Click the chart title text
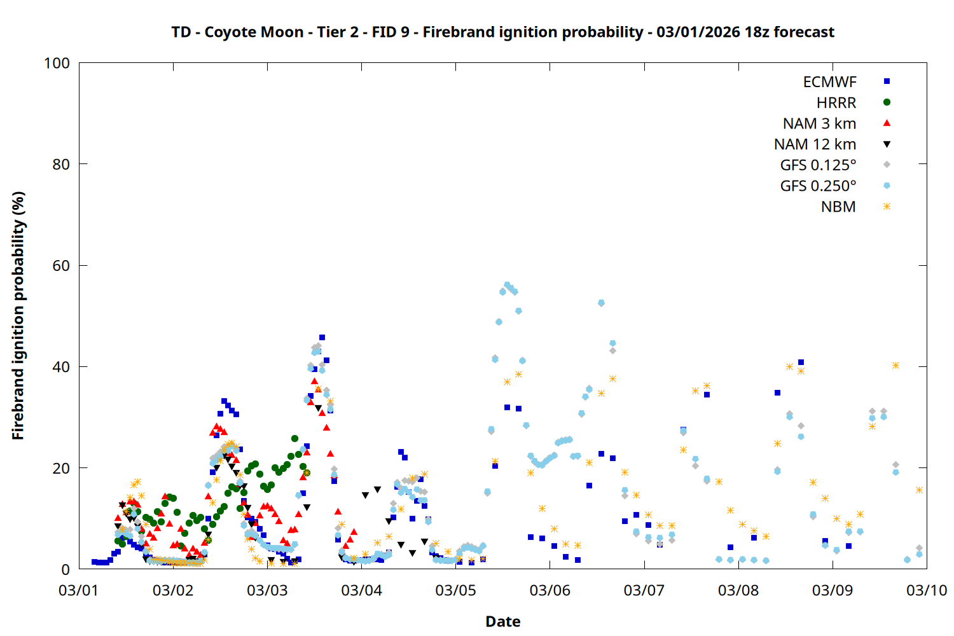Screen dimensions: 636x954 coord(502,32)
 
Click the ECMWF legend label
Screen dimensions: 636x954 coord(829,82)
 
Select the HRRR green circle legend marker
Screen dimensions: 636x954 coord(887,102)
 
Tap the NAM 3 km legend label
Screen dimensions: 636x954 coord(819,123)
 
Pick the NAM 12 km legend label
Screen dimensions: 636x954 coord(815,144)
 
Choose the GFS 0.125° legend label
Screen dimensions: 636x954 coord(818,165)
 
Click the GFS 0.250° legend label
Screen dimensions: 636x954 coord(818,186)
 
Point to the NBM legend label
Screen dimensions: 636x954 coord(838,207)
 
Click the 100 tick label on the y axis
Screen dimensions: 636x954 coord(57,64)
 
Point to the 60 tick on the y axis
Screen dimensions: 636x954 coord(61,266)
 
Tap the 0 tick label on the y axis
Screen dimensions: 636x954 coord(66,569)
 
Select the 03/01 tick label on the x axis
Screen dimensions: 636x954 coord(78,590)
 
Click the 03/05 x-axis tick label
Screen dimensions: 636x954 coord(455,590)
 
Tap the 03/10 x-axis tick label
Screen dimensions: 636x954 coord(926,590)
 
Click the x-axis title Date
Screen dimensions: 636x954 coord(502,621)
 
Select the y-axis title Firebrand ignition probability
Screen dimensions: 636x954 coord(18,315)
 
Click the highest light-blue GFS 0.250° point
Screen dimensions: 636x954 coord(507,285)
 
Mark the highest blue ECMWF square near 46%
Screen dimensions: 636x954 coord(322,337)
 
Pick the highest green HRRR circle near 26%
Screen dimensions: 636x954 coord(294,438)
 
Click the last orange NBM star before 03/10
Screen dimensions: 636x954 coord(919,490)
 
